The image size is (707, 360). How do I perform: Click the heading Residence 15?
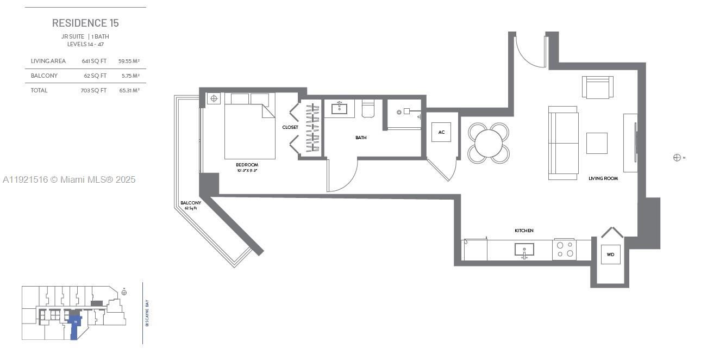(85, 23)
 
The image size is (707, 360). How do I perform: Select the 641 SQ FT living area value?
(94, 61)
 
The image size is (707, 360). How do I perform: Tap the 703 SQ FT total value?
(93, 90)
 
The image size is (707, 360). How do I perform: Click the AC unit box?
(441, 132)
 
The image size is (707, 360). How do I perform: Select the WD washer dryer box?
(610, 255)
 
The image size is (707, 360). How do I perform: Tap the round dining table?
(489, 143)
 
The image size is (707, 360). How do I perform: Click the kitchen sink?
(524, 250)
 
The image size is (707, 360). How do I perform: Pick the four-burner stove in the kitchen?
(564, 249)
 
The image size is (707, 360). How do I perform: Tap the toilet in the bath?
(368, 109)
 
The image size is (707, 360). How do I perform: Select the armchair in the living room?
(598, 87)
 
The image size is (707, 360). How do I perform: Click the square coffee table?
(597, 143)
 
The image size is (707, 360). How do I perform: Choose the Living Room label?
(603, 178)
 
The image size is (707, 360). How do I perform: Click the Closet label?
(290, 127)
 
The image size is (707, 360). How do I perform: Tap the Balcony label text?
(191, 203)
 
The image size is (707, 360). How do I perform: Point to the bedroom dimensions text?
(247, 171)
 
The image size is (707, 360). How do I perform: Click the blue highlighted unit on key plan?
(75, 326)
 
